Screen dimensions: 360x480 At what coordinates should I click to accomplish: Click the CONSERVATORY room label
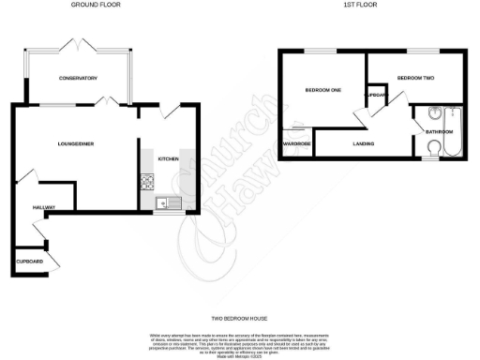(x=78, y=78)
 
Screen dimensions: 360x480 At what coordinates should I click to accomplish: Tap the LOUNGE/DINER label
(x=74, y=142)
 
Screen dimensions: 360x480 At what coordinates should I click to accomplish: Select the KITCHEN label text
(x=168, y=159)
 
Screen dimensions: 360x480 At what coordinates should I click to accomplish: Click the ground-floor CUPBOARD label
(x=29, y=262)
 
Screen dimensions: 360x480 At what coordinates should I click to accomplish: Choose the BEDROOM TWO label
(x=413, y=78)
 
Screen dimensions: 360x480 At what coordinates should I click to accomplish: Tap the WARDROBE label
(x=297, y=143)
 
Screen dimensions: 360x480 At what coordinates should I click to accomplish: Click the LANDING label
(x=365, y=143)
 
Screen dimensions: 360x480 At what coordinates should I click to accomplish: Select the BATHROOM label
(x=439, y=132)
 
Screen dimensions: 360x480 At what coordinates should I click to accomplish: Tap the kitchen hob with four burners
(x=146, y=181)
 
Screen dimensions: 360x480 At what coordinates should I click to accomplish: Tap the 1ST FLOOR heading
(x=361, y=5)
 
